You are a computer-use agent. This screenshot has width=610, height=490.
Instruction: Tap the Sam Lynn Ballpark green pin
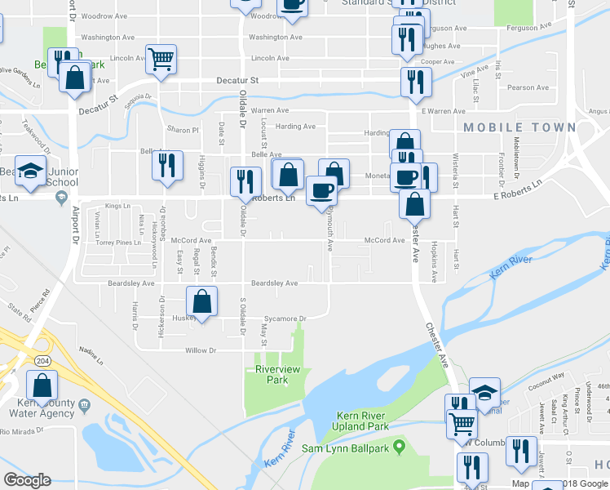coord(399,447)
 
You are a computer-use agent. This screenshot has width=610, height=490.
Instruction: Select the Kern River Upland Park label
coord(362,421)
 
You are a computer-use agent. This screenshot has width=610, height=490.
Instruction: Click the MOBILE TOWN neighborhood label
coord(519,127)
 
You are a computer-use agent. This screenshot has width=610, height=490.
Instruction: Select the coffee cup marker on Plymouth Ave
coord(321,191)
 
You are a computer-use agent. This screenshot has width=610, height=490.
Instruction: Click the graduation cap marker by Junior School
coord(31,171)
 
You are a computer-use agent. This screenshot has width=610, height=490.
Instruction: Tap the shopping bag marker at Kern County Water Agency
coord(42,385)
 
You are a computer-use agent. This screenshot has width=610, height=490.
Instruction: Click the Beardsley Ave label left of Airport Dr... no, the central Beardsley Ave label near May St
coord(274,283)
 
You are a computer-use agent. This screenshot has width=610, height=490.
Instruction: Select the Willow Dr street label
coord(201,350)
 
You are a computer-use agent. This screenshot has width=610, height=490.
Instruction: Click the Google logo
coord(27,480)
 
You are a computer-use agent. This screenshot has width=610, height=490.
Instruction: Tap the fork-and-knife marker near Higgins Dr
coord(167,165)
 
